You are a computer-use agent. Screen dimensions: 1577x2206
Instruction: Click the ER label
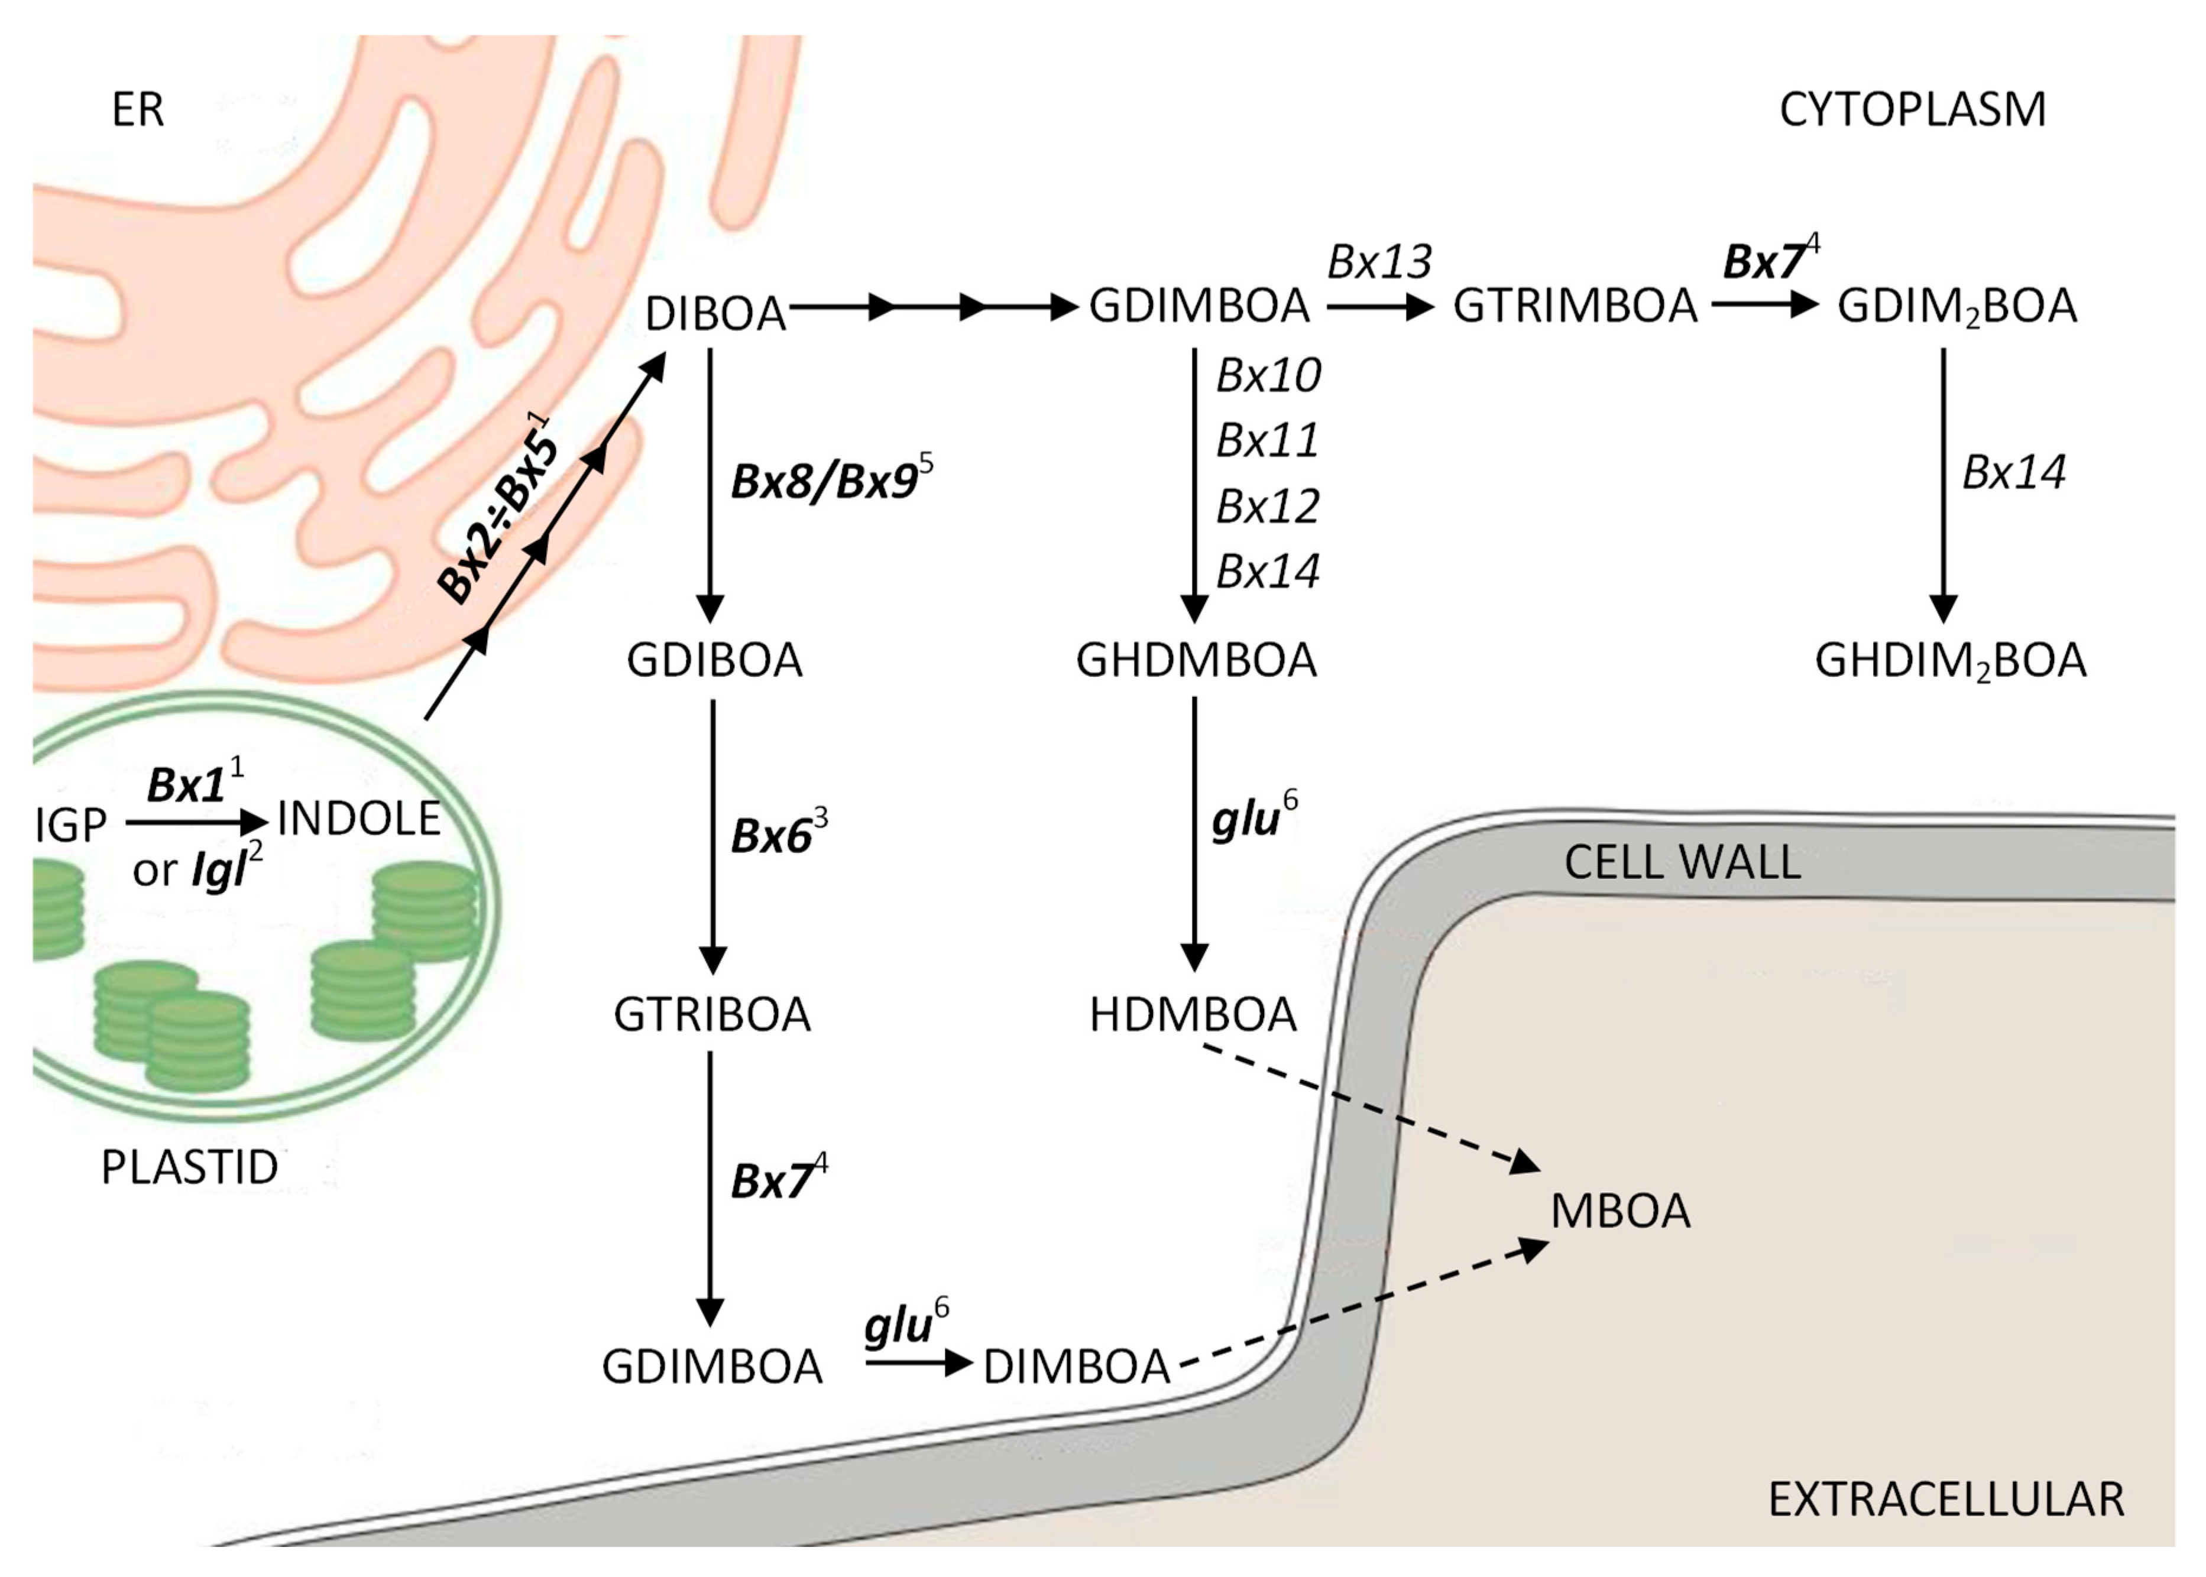[x=137, y=110]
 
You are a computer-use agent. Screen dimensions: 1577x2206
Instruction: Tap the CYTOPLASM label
[x=1911, y=110]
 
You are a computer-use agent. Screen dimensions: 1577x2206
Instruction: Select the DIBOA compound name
[x=715, y=314]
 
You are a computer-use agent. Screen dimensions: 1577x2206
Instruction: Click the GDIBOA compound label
[x=714, y=660]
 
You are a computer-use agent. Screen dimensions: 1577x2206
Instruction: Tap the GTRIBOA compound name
[x=712, y=1015]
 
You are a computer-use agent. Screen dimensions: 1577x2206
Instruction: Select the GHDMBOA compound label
[x=1196, y=660]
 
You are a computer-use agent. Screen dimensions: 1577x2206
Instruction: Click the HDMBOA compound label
[x=1193, y=1015]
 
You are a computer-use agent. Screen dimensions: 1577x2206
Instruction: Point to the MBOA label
[x=1619, y=1211]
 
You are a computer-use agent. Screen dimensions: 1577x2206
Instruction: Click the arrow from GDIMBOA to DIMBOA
[x=918, y=1364]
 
